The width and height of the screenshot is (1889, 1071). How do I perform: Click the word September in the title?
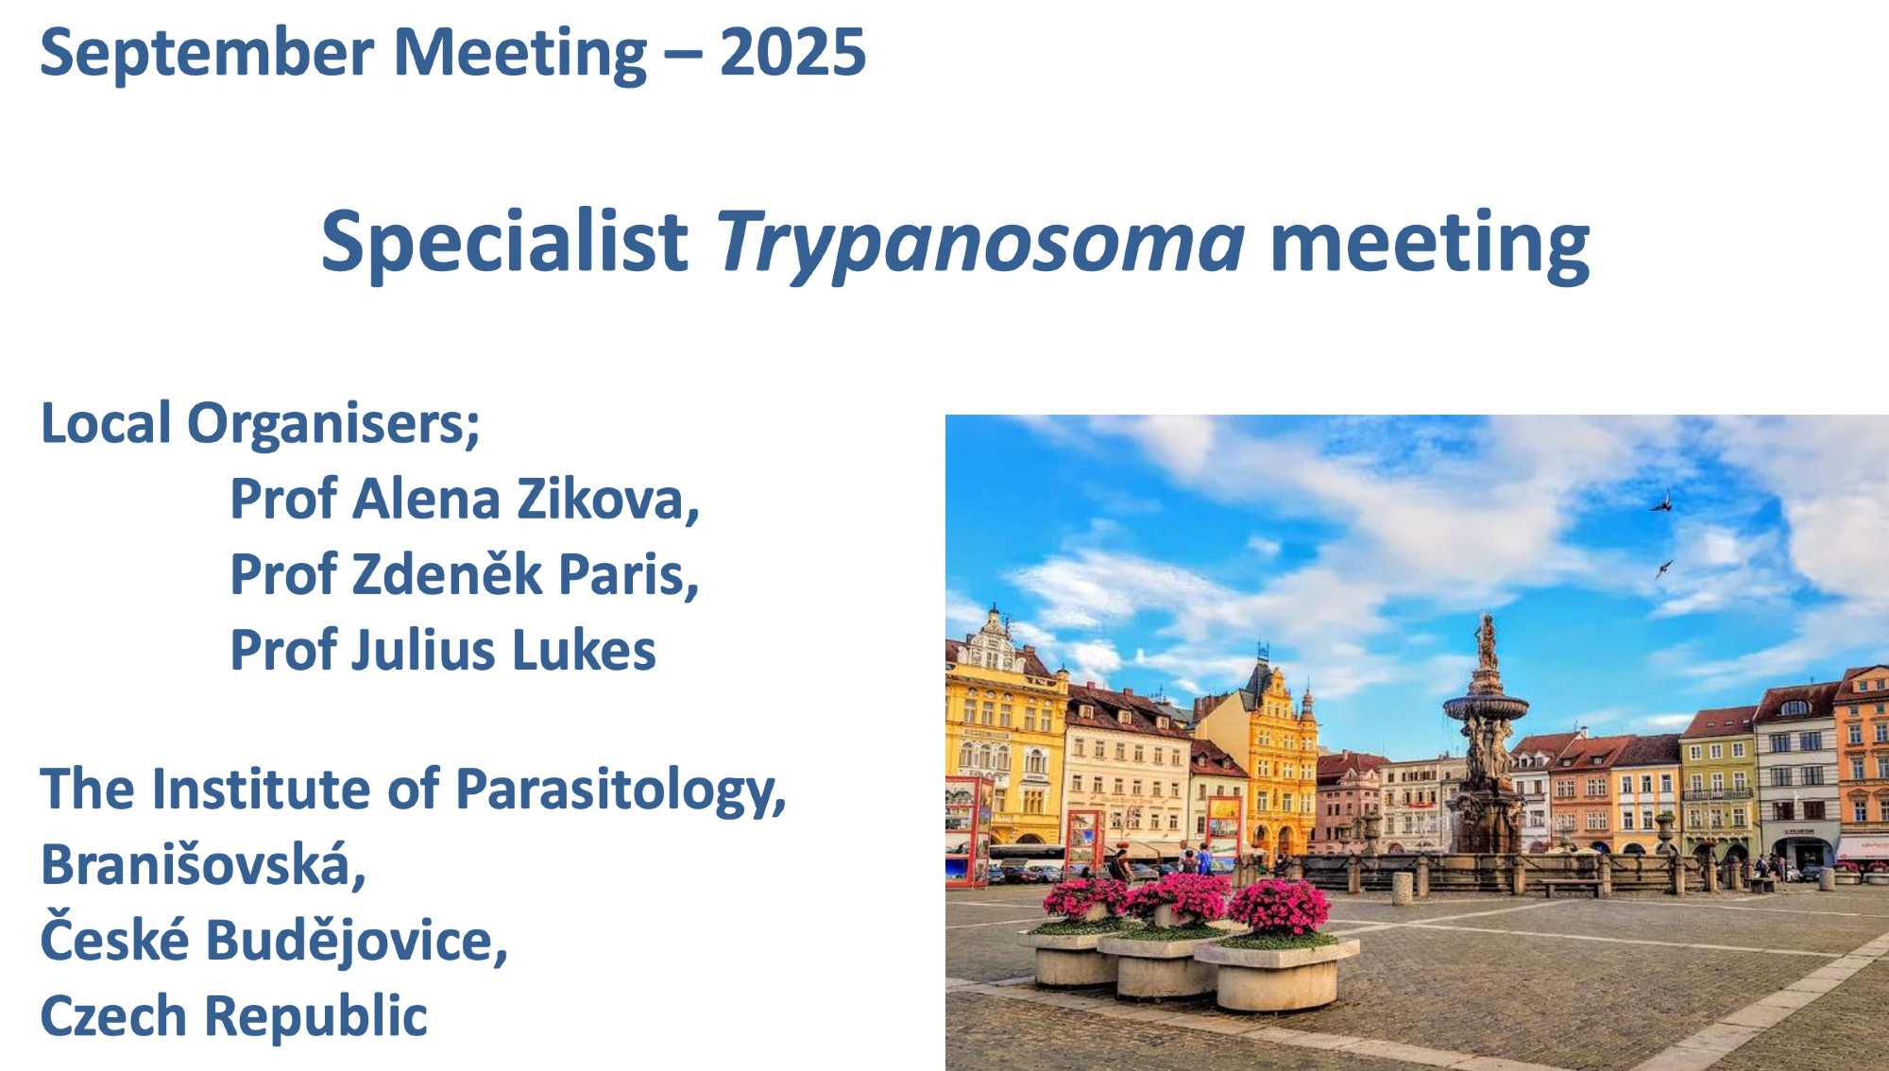[207, 55]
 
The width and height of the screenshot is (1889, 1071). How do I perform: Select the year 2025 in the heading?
[792, 53]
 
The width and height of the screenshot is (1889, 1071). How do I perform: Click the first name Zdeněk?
[447, 574]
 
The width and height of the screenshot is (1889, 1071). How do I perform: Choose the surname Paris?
[629, 574]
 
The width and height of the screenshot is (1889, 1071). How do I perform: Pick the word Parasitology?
[621, 791]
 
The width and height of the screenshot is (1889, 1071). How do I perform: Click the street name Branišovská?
[203, 864]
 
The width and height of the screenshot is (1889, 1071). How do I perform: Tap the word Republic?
[315, 1017]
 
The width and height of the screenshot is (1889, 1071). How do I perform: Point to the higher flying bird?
[1662, 501]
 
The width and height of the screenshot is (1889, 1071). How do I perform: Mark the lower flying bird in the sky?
[1662, 569]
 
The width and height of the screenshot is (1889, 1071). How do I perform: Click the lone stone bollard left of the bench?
[1403, 887]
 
